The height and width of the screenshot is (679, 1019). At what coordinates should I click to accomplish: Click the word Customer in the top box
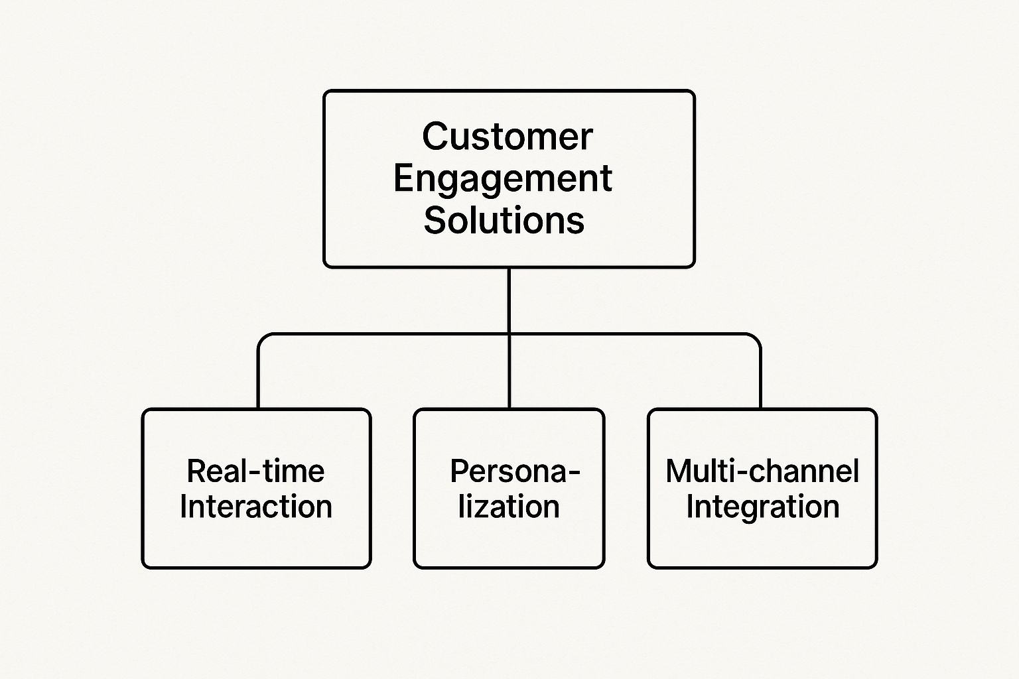pos(507,137)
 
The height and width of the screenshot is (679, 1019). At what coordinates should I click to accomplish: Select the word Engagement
pos(502,178)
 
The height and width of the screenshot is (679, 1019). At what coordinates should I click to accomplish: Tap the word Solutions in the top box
pos(504,220)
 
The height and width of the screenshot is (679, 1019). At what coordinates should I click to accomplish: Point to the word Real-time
pos(255,471)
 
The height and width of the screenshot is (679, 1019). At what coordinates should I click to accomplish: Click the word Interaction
pos(255,507)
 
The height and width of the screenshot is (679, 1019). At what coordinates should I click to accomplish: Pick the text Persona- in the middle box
pos(515,471)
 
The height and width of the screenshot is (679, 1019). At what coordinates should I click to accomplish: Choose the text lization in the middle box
pos(509,507)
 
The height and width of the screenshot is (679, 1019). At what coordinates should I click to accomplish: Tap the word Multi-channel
pos(762,471)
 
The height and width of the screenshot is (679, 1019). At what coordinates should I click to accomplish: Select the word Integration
pos(762,507)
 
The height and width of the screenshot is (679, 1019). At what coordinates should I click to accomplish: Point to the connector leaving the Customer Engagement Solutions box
pos(509,298)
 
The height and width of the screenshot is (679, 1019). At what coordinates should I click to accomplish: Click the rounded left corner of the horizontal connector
pos(263,338)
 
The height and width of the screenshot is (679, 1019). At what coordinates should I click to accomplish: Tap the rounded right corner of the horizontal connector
pos(756,338)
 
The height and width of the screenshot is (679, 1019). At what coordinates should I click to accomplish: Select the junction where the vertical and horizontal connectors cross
pos(509,334)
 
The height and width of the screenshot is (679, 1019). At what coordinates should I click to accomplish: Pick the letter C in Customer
pos(435,137)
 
